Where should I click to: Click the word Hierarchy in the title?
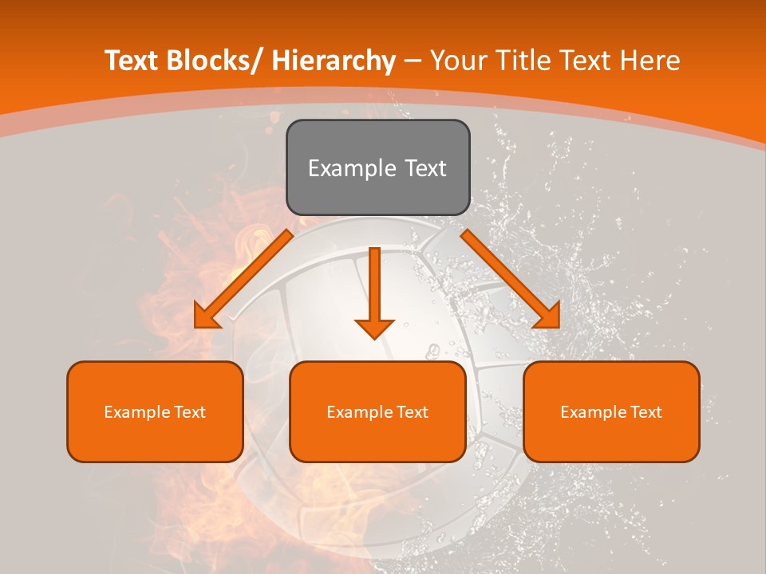(x=334, y=61)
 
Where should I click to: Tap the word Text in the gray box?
(x=424, y=168)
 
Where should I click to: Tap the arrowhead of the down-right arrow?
(x=547, y=316)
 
